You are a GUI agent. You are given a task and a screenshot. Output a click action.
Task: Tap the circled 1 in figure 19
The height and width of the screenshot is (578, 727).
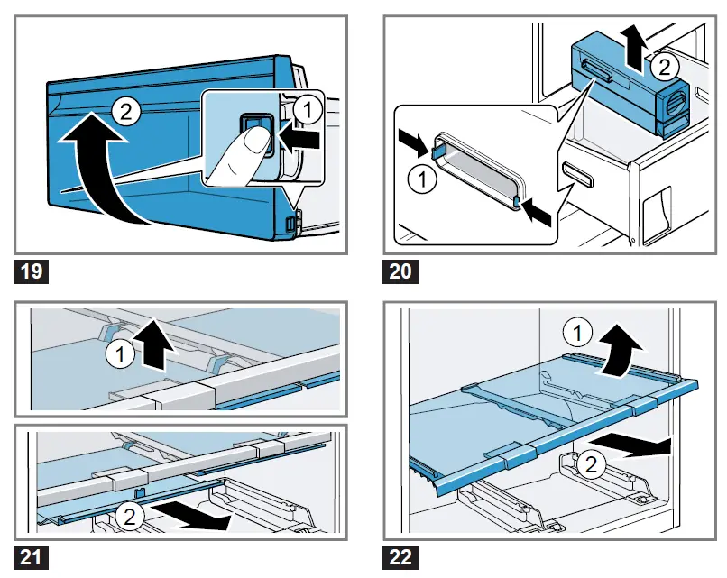tap(308, 110)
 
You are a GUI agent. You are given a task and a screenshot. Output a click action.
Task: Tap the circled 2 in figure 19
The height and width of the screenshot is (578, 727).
tap(126, 112)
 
